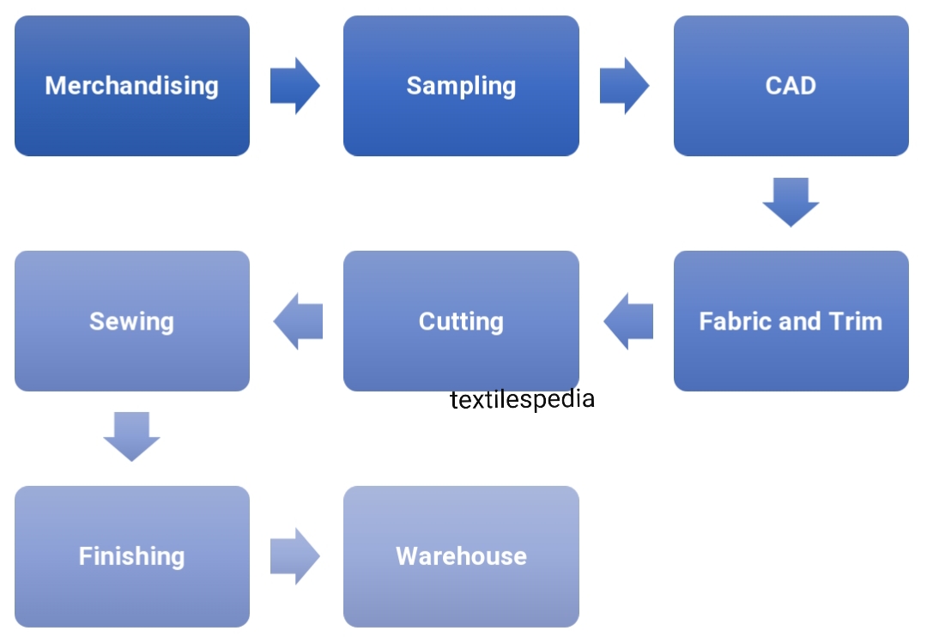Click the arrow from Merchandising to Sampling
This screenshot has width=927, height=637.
coord(294,86)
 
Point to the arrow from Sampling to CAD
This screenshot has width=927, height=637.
coord(624,86)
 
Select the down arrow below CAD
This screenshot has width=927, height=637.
coord(791,202)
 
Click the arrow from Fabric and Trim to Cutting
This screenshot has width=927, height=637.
coord(628,321)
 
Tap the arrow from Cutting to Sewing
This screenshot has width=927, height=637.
coord(298,321)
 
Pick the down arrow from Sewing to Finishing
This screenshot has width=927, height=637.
coord(131,436)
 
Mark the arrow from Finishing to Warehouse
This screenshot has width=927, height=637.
coord(294,556)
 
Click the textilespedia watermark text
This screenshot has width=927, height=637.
coord(522,399)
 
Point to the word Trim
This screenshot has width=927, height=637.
coord(856,321)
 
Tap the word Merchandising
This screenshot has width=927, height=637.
coord(131,86)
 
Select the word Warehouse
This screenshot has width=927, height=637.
coord(461,556)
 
